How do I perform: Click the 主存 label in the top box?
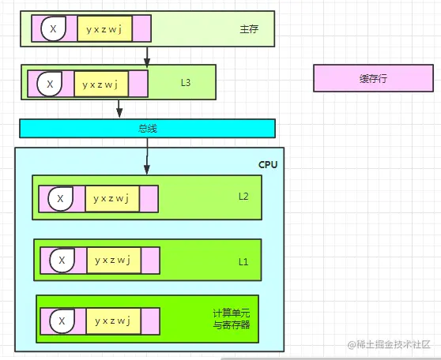click(x=249, y=30)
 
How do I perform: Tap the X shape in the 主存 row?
click(x=54, y=29)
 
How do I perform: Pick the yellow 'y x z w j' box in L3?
click(x=101, y=83)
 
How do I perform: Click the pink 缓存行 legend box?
click(x=373, y=79)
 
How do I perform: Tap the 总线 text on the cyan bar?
click(x=148, y=128)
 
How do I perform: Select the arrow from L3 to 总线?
click(x=119, y=108)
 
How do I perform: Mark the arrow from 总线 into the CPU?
click(x=147, y=156)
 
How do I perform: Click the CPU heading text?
click(x=268, y=164)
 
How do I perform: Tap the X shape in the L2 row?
click(x=60, y=198)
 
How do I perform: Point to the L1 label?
click(x=243, y=260)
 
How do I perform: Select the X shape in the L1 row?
click(x=60, y=260)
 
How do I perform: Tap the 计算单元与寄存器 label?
click(x=231, y=319)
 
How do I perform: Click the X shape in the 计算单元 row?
click(x=60, y=321)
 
